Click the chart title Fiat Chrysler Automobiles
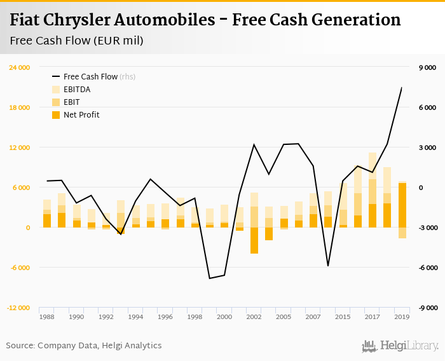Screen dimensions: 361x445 [205, 20]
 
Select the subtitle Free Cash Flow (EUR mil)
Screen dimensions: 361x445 [76, 41]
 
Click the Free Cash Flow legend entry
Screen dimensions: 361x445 [90, 76]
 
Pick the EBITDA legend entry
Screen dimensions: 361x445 [77, 89]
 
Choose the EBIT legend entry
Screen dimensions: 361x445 [72, 102]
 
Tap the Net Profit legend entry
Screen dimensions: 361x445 [81, 114]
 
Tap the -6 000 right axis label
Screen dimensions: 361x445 [427, 268]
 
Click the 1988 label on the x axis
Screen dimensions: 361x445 [46, 317]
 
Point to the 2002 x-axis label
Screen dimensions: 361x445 [254, 317]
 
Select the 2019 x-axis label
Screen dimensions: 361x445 [402, 317]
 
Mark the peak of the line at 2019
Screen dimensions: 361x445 [402, 88]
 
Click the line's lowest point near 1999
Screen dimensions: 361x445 [210, 278]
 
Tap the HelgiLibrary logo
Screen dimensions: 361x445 [400, 346]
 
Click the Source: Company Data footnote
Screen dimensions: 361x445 [84, 345]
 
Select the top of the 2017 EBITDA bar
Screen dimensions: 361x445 [373, 153]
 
